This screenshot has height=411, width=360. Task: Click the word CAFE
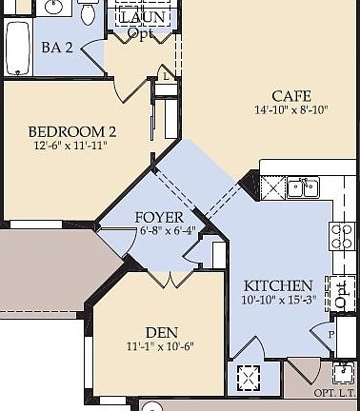pyautogui.click(x=290, y=95)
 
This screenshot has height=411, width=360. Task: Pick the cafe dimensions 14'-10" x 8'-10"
pyautogui.click(x=290, y=110)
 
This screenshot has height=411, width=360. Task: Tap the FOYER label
pyautogui.click(x=159, y=218)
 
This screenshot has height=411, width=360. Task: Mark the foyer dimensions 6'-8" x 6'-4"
pyautogui.click(x=167, y=230)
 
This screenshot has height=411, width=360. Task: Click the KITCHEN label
pyautogui.click(x=278, y=285)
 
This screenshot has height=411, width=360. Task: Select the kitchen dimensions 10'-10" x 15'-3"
pyautogui.click(x=278, y=301)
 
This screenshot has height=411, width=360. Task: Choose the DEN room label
pyautogui.click(x=162, y=332)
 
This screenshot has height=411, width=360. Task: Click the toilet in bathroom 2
pyautogui.click(x=88, y=13)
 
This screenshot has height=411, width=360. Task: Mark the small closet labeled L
pyautogui.click(x=167, y=75)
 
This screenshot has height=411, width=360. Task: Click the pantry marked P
pyautogui.click(x=331, y=335)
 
